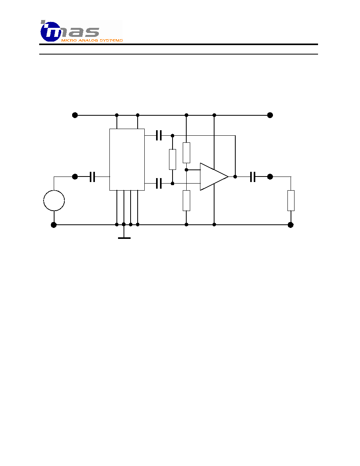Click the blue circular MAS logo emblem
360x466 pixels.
pyautogui.click(x=51, y=31)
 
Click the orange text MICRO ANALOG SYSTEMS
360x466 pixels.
pyautogui.click(x=92, y=40)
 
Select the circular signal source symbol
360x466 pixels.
pyautogui.click(x=54, y=200)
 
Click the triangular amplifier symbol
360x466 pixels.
pyautogui.click(x=214, y=177)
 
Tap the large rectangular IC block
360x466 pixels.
pyautogui.click(x=127, y=160)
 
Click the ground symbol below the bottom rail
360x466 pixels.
pyautogui.click(x=124, y=238)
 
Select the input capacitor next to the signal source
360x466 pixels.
pyautogui.click(x=93, y=177)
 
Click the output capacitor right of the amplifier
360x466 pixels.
pyautogui.click(x=253, y=177)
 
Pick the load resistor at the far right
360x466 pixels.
pyautogui.click(x=291, y=200)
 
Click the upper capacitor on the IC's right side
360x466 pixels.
pyautogui.click(x=159, y=135)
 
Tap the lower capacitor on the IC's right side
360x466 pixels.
pyautogui.click(x=159, y=183)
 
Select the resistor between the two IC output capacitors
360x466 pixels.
pyautogui.click(x=172, y=160)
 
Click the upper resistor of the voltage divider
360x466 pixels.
pyautogui.click(x=186, y=153)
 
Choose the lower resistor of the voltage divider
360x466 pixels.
pyautogui.click(x=186, y=200)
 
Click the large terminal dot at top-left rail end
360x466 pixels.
pyautogui.click(x=75, y=115)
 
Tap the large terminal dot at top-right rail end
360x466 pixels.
pyautogui.click(x=270, y=115)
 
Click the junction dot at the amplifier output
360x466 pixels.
pyautogui.click(x=235, y=177)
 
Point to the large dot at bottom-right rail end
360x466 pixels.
pyautogui.click(x=291, y=225)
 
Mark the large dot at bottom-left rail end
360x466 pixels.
pyautogui.click(x=54, y=225)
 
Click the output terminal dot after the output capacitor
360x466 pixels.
pyautogui.click(x=270, y=177)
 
